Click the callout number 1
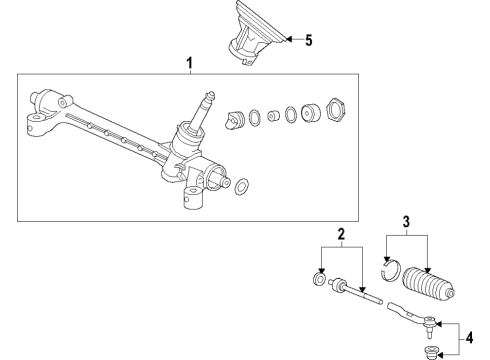click(189, 63)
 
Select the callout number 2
click(341, 234)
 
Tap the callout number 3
click(406, 222)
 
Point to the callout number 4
click(469, 338)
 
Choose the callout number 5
click(309, 40)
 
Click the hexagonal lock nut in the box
click(336, 110)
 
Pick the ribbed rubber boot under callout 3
click(429, 284)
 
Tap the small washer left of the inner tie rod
click(319, 279)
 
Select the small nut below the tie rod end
click(429, 351)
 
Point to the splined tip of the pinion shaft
click(210, 95)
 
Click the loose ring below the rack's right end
click(242, 186)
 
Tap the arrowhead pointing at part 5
click(289, 39)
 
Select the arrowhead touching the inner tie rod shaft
click(363, 290)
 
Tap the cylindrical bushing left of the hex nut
click(310, 112)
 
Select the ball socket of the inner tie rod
click(339, 286)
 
